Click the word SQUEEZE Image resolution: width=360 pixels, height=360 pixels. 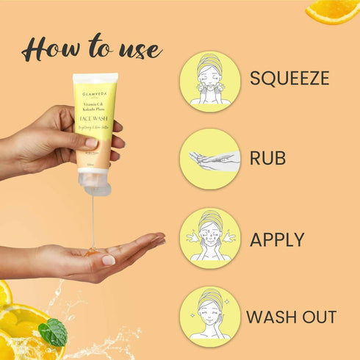pos(289,78)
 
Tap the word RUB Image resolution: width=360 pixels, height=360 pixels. pos(268,159)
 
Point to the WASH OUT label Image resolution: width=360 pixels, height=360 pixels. pos(291,317)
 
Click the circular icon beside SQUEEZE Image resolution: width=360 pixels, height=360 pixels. pos(210,80)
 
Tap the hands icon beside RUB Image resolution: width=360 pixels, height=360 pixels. pos(210,159)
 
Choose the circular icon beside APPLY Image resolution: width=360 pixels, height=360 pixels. pos(210,238)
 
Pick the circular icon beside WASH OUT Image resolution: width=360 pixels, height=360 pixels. pos(210,317)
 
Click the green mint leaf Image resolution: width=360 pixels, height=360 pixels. pos(53,332)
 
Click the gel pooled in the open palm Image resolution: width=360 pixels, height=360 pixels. pos(93,252)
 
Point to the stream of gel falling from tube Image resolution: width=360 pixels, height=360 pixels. pos(93,220)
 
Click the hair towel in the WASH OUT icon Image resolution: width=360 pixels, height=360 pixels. pos(209,301)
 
